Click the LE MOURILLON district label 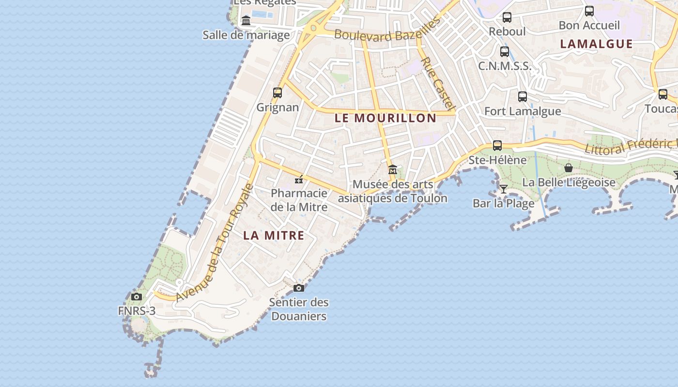pos(385,118)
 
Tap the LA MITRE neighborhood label pos(274,236)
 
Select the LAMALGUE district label pos(596,44)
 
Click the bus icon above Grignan pos(277,92)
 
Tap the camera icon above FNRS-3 pos(137,297)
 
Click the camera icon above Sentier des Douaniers pos(299,288)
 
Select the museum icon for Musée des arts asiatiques pos(393,170)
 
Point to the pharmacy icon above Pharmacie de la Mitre pos(299,179)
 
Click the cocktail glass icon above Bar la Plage pos(504,189)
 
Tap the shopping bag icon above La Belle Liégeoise pos(569,168)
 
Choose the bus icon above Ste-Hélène pos(497,145)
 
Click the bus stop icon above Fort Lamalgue pos(523,96)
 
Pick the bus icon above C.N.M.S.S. pos(505,51)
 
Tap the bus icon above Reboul pos(507,17)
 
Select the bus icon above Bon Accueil pos(589,11)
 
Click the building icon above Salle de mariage pos(246,21)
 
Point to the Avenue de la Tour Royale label pos(214,243)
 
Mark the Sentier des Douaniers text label pos(299,310)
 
